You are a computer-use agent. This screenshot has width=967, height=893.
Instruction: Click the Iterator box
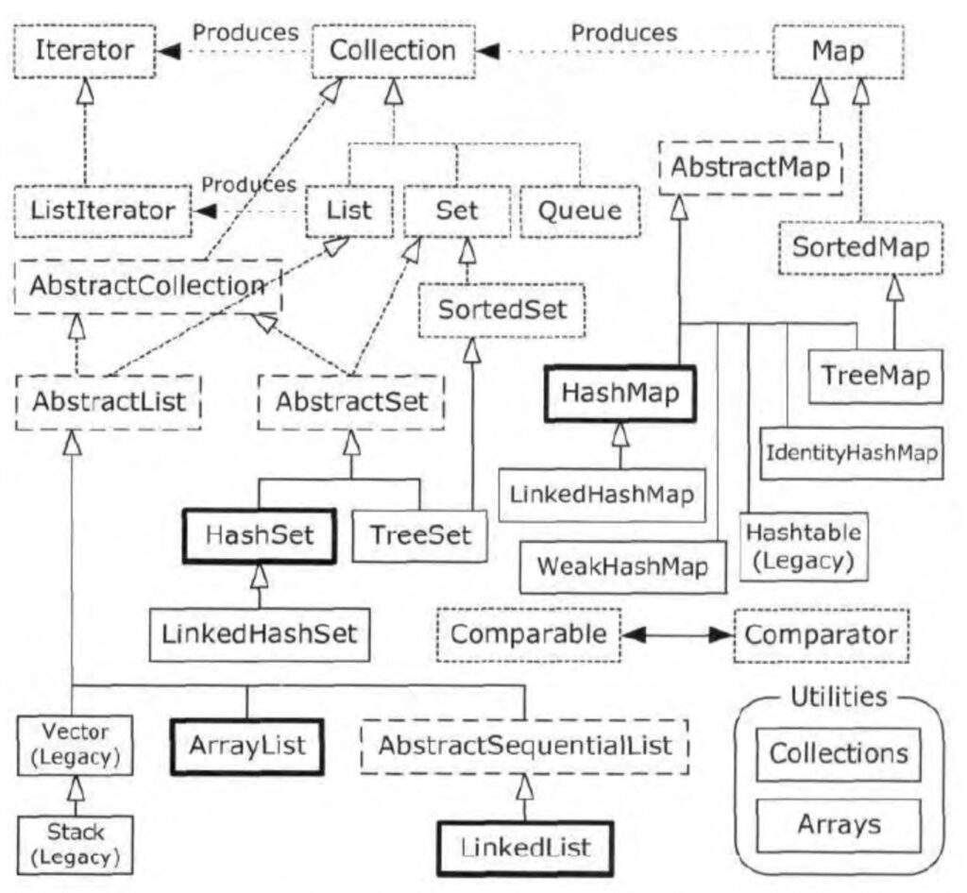86,52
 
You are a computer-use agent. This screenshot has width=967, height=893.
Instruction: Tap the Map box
836,52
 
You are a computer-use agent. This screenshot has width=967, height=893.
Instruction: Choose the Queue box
579,209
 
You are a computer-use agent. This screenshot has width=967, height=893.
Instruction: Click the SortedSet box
501,309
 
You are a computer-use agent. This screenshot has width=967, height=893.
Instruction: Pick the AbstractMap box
750,168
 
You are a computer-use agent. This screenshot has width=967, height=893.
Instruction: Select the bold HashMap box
619,394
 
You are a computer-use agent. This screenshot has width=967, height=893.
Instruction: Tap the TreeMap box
875,375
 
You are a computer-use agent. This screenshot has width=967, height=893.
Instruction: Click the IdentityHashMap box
851,453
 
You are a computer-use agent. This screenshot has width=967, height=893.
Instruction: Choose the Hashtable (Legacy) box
803,547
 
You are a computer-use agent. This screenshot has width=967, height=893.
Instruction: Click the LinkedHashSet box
260,632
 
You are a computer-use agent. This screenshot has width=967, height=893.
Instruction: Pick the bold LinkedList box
525,847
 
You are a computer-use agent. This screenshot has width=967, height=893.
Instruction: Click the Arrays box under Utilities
839,825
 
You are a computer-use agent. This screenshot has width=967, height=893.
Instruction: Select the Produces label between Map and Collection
624,33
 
